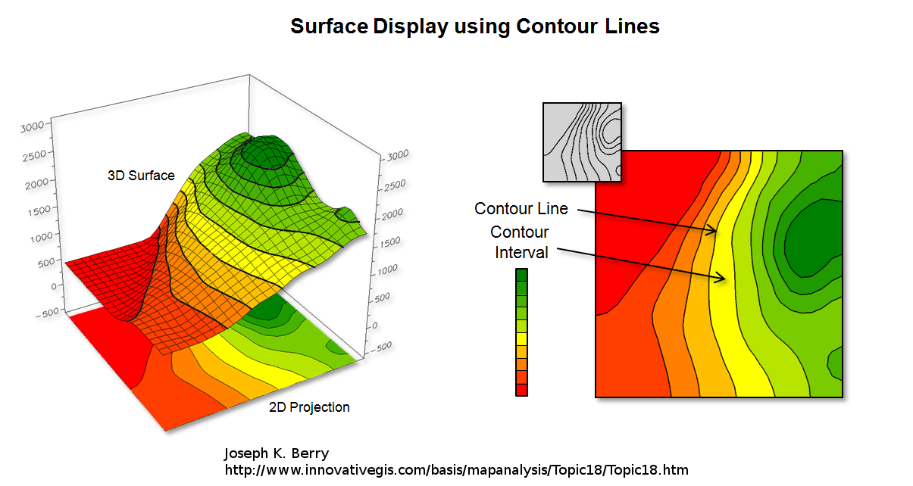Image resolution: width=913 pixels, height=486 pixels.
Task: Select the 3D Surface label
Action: point(141,176)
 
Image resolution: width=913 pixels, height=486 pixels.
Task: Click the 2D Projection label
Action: point(309,407)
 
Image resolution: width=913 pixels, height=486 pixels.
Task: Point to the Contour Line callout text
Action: point(521,208)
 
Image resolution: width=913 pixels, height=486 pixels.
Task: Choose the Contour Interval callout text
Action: point(521,242)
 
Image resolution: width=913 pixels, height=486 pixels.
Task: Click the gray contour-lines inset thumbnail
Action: point(582,142)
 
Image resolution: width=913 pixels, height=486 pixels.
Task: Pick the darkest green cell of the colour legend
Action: point(521,276)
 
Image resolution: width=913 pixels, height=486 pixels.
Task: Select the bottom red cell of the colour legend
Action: point(521,389)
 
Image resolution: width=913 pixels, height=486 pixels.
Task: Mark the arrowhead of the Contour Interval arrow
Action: point(724,279)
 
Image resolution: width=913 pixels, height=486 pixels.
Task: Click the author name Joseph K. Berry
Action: point(276,453)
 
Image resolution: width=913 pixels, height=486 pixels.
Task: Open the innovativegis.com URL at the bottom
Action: point(456,470)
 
